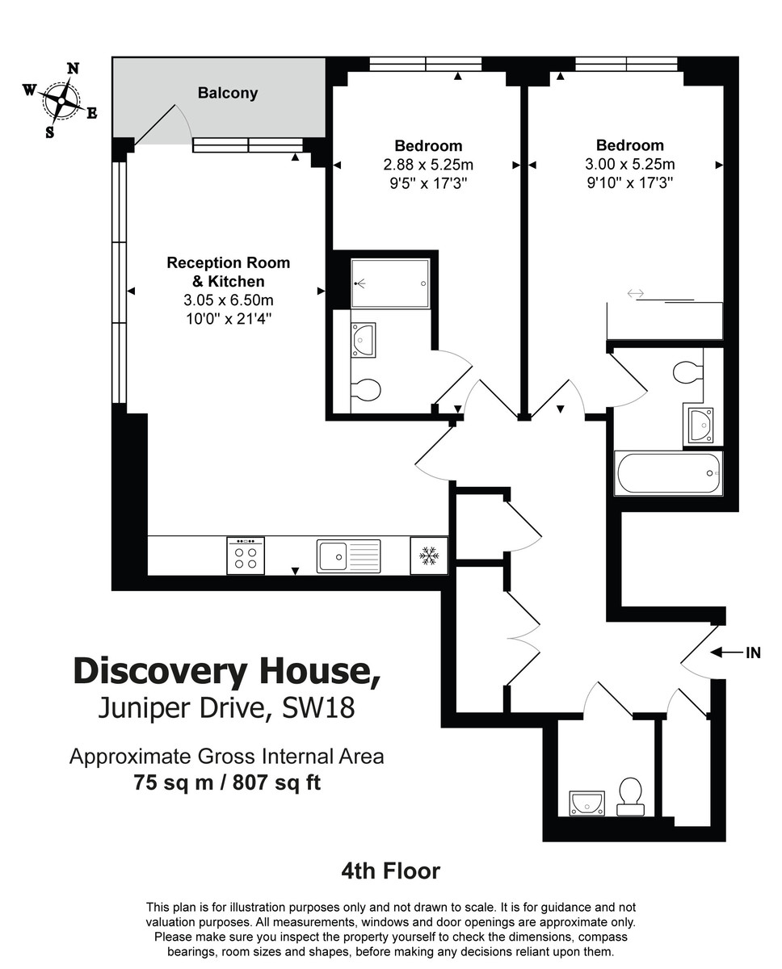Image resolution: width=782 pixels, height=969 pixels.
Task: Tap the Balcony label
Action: pos(228,93)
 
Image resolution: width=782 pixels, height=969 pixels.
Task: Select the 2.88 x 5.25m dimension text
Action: pos(428,164)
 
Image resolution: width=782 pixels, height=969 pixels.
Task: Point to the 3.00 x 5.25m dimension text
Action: pos(630,164)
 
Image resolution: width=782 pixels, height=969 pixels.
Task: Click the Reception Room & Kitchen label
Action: pos(228,272)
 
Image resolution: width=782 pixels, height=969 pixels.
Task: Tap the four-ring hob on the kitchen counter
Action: pos(246,556)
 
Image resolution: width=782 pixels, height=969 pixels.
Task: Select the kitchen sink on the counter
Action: pos(348,556)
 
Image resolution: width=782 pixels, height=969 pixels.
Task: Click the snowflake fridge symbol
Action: pos(429,556)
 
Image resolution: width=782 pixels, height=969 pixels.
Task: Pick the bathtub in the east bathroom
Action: pos(668,473)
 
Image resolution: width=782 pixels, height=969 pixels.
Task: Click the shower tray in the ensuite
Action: pos(391,283)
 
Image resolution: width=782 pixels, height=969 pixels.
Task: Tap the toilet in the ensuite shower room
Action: pos(366,390)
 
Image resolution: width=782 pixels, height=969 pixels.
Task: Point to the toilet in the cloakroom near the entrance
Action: pos(629,795)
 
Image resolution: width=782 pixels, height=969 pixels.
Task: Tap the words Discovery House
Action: pos(226,672)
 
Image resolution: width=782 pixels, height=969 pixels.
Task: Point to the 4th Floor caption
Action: pos(391,871)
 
